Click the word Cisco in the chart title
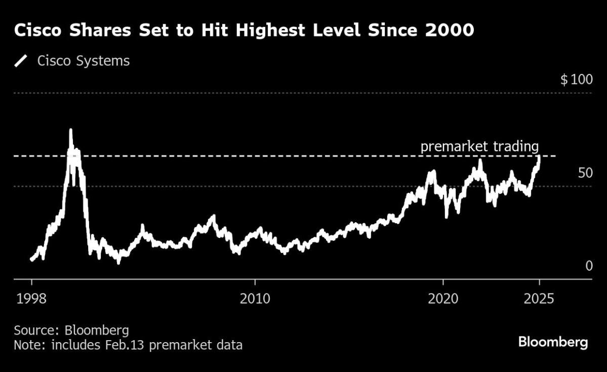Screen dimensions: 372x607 [x=38, y=30]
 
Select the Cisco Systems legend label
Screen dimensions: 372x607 [x=84, y=61]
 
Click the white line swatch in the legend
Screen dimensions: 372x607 [x=21, y=61]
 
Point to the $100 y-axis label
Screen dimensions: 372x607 [x=576, y=80]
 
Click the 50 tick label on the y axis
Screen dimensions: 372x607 [x=585, y=173]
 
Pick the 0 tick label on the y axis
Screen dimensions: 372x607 [x=589, y=266]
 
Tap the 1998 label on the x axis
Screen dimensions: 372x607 [x=31, y=299]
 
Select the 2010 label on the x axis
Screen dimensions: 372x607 [x=255, y=299]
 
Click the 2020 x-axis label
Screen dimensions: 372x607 [x=443, y=299]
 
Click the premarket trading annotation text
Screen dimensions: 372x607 [x=479, y=147]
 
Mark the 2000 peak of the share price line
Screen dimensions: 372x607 [x=70, y=130]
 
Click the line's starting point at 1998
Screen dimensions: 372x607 [x=31, y=259]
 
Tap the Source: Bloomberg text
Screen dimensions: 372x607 [x=71, y=330]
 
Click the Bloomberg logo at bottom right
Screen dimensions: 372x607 [x=553, y=342]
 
